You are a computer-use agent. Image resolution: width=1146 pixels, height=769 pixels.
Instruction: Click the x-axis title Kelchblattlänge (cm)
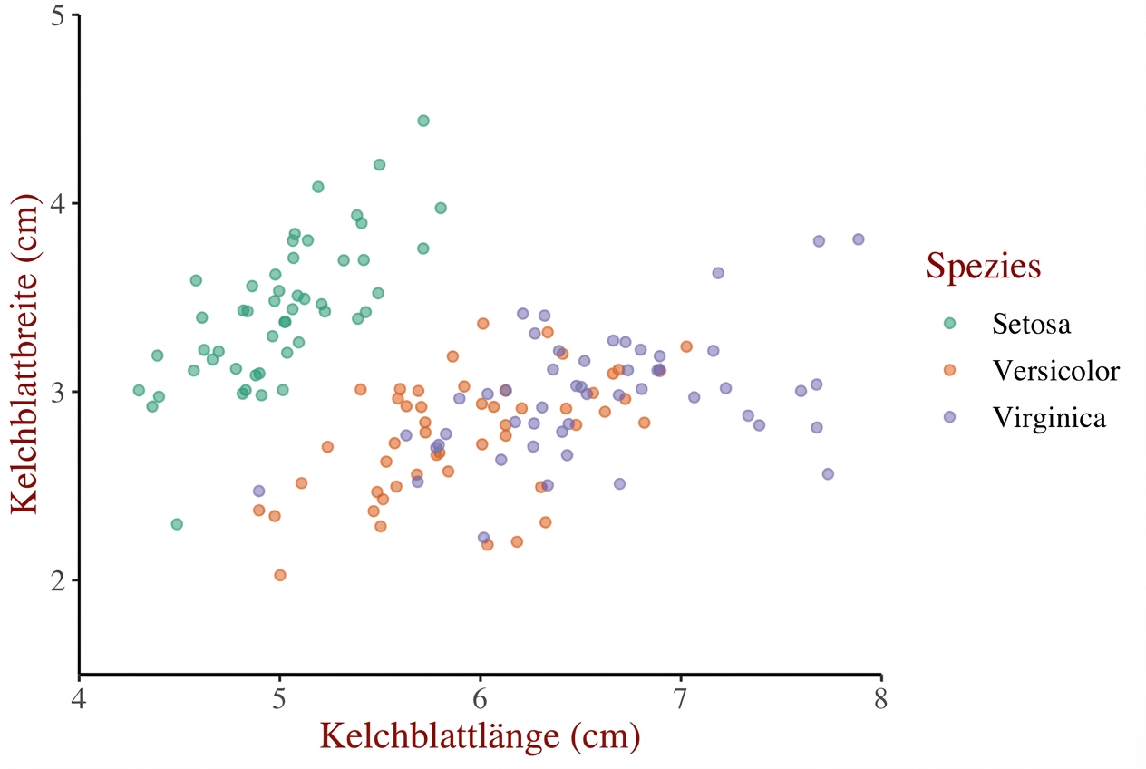[481, 736]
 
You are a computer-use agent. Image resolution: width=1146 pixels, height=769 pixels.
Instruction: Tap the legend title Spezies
[982, 267]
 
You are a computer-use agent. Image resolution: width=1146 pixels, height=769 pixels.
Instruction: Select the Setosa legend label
[1030, 323]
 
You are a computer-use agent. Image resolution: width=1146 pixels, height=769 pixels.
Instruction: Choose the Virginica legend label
[1050, 417]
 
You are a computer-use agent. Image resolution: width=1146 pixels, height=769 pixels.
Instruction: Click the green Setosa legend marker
[949, 323]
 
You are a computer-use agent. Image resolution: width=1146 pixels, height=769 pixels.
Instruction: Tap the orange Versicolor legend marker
[949, 370]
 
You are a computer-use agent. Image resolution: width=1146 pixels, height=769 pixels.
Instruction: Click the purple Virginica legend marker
[949, 417]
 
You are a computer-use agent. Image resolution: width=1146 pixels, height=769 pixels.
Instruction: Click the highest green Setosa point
[423, 121]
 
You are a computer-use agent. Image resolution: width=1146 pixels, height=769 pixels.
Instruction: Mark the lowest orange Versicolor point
[280, 575]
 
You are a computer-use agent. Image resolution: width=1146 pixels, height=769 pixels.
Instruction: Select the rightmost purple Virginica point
[859, 239]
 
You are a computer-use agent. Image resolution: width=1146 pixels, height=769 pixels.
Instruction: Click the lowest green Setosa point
[177, 524]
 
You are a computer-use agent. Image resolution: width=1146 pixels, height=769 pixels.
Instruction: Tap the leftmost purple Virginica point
[258, 491]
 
